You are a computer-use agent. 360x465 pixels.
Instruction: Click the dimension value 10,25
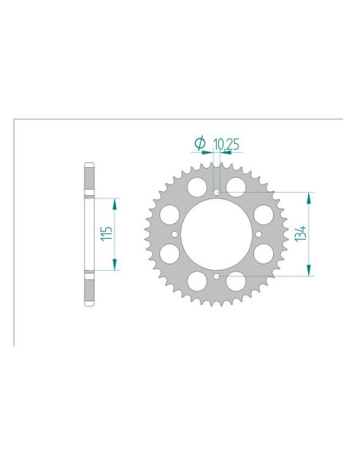226,144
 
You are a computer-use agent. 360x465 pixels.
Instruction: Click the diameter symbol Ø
200,143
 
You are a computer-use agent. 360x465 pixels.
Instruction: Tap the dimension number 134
300,233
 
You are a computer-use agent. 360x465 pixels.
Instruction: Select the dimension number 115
107,233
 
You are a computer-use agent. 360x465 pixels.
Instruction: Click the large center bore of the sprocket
217,234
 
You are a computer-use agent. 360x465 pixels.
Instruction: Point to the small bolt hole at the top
217,193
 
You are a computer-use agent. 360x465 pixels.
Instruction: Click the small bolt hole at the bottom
217,276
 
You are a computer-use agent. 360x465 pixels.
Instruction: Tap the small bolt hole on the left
174,235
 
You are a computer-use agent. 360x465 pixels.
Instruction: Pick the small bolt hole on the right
259,235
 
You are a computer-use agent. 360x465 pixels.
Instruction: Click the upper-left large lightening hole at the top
197,187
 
